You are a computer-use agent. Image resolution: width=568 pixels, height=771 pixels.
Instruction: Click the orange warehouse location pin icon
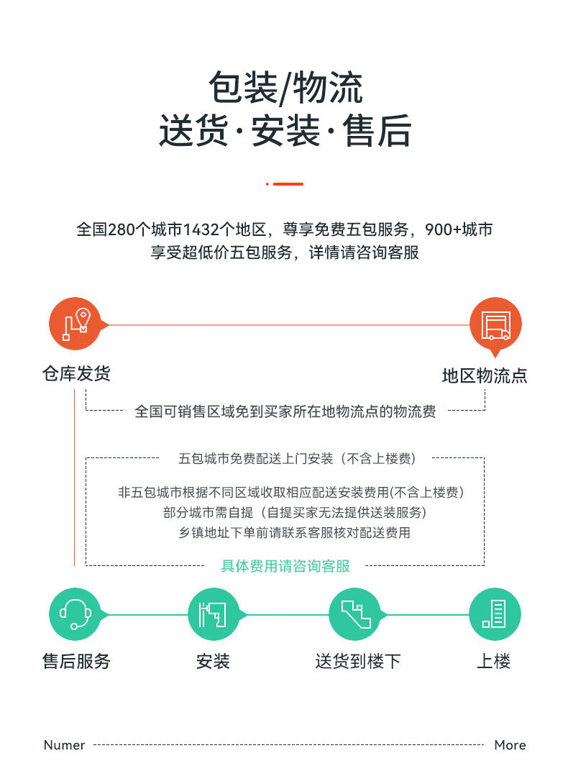(x=75, y=324)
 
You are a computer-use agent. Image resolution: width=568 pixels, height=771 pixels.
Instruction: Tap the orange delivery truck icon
(x=495, y=324)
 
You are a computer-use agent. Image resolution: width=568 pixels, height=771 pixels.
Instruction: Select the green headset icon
(x=75, y=614)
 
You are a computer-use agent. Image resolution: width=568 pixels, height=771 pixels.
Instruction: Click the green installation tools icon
(x=214, y=614)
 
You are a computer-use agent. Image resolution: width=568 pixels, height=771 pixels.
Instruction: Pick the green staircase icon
(x=354, y=614)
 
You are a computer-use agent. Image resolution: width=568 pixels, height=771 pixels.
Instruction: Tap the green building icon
(x=495, y=614)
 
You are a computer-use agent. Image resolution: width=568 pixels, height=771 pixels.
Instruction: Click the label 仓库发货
(x=76, y=374)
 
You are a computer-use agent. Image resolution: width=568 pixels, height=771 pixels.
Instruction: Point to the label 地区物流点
(x=484, y=376)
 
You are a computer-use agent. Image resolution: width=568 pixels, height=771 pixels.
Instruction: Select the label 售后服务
(x=76, y=661)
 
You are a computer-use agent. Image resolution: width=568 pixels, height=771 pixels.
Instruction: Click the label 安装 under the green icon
(x=213, y=661)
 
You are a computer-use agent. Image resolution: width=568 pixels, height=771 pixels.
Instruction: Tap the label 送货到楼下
(x=357, y=661)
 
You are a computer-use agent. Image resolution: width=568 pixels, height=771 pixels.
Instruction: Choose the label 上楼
(x=494, y=661)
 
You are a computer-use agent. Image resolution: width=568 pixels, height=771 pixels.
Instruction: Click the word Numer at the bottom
(x=64, y=745)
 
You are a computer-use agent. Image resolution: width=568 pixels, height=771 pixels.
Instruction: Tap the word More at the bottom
(x=510, y=745)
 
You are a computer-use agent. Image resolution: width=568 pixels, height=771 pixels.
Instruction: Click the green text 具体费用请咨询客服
(x=285, y=566)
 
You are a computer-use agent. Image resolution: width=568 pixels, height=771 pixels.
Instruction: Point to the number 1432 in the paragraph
(x=201, y=230)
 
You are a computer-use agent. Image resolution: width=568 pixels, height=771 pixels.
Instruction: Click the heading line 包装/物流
(x=285, y=88)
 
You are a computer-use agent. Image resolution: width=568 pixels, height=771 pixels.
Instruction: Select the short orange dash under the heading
(x=288, y=184)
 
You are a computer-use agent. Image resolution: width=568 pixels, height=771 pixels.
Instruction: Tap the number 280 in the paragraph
(x=120, y=230)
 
